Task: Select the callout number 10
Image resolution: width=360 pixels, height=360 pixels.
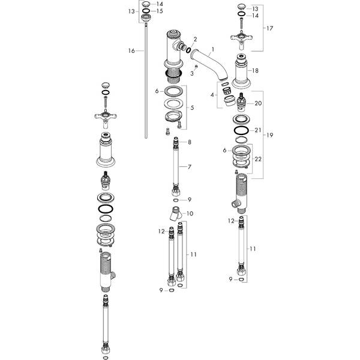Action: [190, 213]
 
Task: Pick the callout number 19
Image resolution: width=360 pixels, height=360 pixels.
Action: [269, 135]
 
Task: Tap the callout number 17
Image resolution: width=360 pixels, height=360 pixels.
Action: [269, 28]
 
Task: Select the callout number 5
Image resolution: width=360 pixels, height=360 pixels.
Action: [191, 109]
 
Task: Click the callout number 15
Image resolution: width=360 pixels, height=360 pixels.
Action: [160, 11]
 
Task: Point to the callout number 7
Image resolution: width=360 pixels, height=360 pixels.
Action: [189, 166]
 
